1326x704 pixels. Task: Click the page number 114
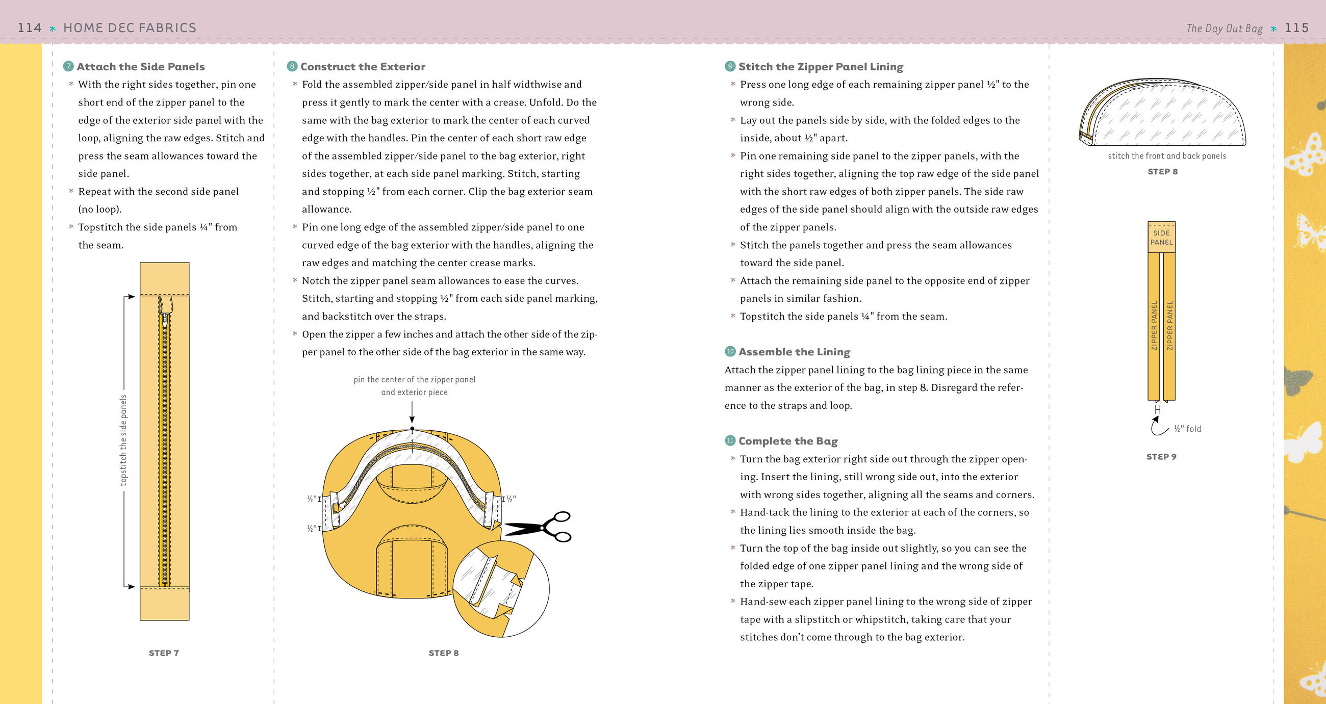coord(30,28)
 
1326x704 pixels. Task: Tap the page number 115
coord(1296,28)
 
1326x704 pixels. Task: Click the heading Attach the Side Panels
coord(141,66)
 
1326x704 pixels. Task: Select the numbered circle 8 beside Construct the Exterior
coord(292,66)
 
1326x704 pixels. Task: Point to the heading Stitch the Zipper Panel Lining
coord(821,66)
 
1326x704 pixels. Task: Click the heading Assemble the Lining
coord(794,351)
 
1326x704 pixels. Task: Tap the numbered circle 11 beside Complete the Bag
coord(730,440)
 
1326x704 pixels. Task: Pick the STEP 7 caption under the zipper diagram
coord(164,653)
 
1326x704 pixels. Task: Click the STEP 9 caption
coord(1161,456)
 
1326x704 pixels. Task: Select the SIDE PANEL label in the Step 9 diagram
coord(1161,237)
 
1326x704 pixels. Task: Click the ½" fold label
coord(1187,429)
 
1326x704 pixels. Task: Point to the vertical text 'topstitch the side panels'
coord(123,440)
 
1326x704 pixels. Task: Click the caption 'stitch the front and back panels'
coord(1166,156)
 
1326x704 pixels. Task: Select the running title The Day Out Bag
coord(1224,29)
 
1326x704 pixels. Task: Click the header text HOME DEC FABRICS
coord(130,28)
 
